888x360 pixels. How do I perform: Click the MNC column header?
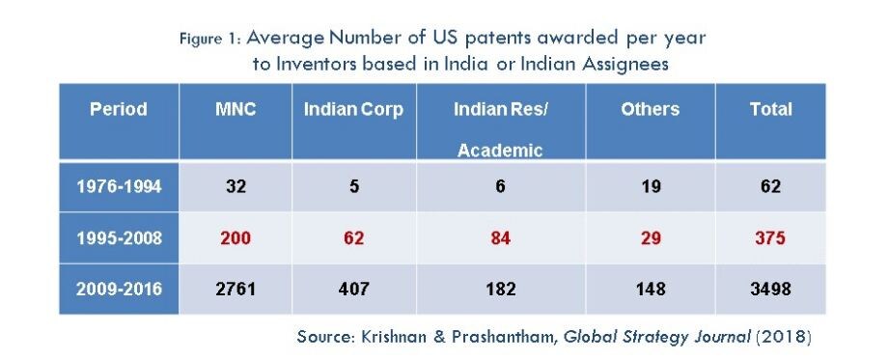pyautogui.click(x=236, y=109)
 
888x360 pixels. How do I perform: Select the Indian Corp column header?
pyautogui.click(x=354, y=109)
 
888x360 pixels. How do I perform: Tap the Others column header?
pyautogui.click(x=651, y=109)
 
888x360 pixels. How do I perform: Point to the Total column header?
pyautogui.click(x=771, y=109)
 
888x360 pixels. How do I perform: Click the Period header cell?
pyautogui.click(x=119, y=109)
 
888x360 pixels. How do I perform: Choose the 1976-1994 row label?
pyautogui.click(x=119, y=186)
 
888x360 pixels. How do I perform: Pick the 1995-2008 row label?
pyautogui.click(x=119, y=237)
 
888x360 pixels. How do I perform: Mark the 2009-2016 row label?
pyautogui.click(x=119, y=290)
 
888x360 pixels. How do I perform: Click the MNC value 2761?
pyautogui.click(x=236, y=290)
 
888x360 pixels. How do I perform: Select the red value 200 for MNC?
pyautogui.click(x=236, y=237)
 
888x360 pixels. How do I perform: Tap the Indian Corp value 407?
pyautogui.click(x=354, y=290)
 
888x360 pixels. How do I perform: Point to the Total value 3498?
pyautogui.click(x=771, y=290)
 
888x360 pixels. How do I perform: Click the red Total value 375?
pyautogui.click(x=771, y=237)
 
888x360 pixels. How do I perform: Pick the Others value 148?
pyautogui.click(x=651, y=290)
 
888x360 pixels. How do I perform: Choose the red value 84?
pyautogui.click(x=500, y=237)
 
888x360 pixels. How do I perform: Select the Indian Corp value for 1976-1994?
pyautogui.click(x=354, y=186)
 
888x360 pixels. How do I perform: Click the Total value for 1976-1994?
pyautogui.click(x=771, y=186)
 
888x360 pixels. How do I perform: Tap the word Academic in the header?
pyautogui.click(x=500, y=150)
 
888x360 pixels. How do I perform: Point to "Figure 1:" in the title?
pyautogui.click(x=211, y=39)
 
